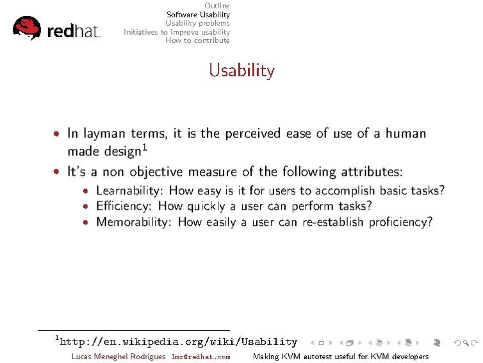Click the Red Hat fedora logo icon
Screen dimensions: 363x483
[26, 28]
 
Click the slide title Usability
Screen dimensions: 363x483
[241, 70]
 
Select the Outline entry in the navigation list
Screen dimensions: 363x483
[217, 6]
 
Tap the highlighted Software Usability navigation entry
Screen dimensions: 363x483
[198, 14]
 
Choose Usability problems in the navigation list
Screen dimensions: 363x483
[197, 23]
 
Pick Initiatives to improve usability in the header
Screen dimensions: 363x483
[177, 31]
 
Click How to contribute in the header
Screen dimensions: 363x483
[197, 40]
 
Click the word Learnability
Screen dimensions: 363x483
[125, 190]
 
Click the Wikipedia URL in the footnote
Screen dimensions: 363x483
[178, 342]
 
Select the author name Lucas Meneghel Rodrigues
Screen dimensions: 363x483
[118, 357]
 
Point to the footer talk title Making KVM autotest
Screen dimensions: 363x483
[340, 357]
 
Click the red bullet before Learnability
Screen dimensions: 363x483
[86, 191]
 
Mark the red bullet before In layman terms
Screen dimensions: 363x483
[58, 134]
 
